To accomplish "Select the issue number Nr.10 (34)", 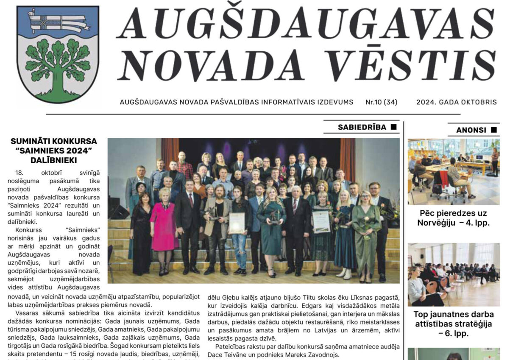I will click(x=381, y=102).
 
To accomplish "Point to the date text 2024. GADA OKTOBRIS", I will click(x=456, y=102).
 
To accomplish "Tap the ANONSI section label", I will click(x=471, y=130).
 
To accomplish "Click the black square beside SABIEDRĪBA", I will click(x=393, y=127).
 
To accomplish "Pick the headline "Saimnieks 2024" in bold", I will click(x=54, y=151).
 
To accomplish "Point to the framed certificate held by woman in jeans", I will click(x=237, y=223).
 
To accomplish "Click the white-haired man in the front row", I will click(x=295, y=225).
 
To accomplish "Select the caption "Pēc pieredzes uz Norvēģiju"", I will click(x=454, y=218).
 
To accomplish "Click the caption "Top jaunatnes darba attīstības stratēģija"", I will click(x=454, y=324).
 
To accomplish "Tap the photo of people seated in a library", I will click(x=454, y=172).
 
